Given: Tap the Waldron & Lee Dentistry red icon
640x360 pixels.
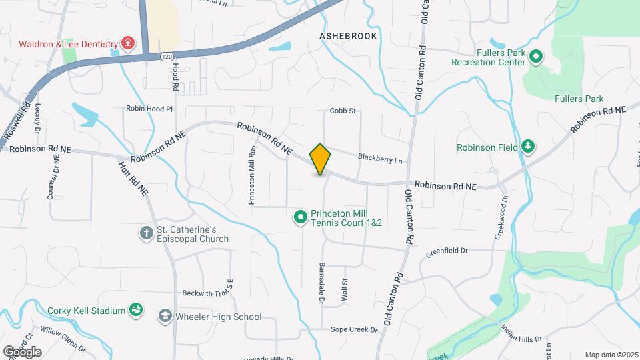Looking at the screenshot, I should click(x=127, y=45).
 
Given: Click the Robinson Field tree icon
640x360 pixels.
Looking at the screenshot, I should click(x=527, y=147).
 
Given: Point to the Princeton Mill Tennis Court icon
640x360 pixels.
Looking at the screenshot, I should click(x=301, y=217).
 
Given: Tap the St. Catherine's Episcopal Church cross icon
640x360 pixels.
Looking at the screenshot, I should click(x=146, y=233).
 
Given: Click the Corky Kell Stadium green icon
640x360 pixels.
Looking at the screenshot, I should click(x=136, y=310).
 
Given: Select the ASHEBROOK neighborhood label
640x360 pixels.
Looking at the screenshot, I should click(x=348, y=36).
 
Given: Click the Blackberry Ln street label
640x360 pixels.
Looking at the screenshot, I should click(x=380, y=159).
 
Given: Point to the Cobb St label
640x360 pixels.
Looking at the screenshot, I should click(x=343, y=111).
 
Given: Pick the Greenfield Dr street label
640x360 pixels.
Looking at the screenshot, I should click(x=447, y=251).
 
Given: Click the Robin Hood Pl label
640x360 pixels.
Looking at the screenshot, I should click(x=149, y=108).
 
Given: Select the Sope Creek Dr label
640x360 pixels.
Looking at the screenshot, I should click(x=355, y=330).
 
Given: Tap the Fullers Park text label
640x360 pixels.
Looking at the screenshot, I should click(x=579, y=99).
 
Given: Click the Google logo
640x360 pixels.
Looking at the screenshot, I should click(x=22, y=351).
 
